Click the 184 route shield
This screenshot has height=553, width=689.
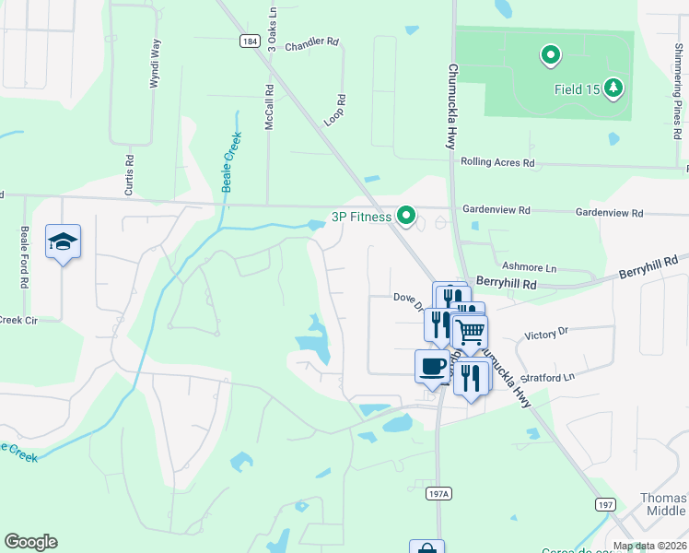tap(249, 41)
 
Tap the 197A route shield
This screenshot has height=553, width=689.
tap(439, 494)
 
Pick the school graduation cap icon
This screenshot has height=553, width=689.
tap(63, 242)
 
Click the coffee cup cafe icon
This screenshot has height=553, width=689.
tap(432, 367)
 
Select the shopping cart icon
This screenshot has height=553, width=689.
tap(470, 332)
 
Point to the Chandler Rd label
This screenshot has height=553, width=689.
tap(312, 43)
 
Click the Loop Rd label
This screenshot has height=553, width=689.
tap(335, 111)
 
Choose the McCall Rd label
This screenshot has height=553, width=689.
tap(270, 107)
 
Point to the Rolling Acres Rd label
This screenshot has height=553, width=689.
tap(498, 162)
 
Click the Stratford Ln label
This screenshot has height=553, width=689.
tap(549, 376)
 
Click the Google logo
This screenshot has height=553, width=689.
tap(30, 542)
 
